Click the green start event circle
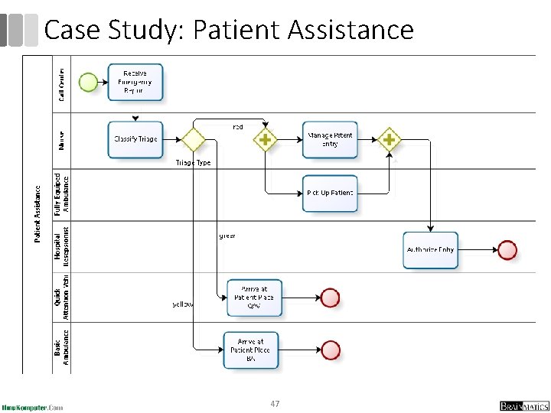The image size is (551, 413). tap(89, 81)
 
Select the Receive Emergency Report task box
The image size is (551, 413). tap(136, 82)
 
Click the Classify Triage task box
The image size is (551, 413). tap(135, 140)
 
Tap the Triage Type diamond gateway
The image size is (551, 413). tap(192, 140)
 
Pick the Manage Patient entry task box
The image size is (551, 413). tap(330, 140)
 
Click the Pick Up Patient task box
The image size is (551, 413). tap(330, 193)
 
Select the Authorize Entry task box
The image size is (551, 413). tap(430, 249)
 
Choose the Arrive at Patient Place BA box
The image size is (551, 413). tap(250, 350)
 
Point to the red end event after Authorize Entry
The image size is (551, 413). tap(507, 249)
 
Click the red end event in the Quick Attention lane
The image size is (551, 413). tap(330, 297)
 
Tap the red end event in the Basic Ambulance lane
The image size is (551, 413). tap(330, 350)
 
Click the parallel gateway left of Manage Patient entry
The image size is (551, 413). tap(265, 140)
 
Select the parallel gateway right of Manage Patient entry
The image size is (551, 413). tap(389, 140)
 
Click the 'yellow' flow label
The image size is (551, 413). tap(183, 304)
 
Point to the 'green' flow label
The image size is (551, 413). tap(227, 236)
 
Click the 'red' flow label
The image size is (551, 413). tap(237, 127)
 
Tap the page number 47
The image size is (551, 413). tap(275, 403)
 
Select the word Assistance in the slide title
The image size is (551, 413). tap(350, 30)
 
